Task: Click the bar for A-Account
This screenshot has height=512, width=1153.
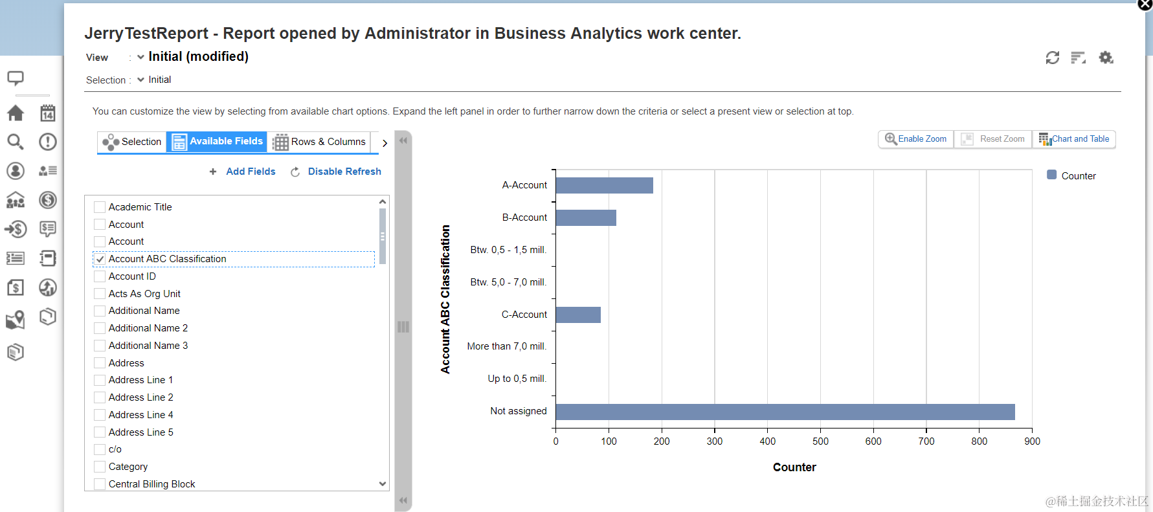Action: tap(604, 185)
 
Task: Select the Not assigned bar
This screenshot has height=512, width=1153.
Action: tap(785, 412)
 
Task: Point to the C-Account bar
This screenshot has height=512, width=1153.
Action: tap(578, 315)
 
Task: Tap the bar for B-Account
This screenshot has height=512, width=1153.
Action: tap(586, 217)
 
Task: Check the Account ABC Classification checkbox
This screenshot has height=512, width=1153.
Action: tap(100, 259)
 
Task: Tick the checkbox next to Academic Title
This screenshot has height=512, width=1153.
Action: tap(100, 207)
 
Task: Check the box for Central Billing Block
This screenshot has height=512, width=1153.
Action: tap(100, 484)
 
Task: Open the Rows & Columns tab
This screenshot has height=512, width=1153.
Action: tap(320, 142)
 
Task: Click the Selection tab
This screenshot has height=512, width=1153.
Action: tap(132, 142)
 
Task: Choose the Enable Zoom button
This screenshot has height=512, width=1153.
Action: tap(915, 139)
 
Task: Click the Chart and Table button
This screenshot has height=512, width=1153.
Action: tap(1074, 139)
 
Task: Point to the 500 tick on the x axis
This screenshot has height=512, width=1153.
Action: tap(820, 441)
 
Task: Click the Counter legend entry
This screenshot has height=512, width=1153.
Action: tap(1071, 175)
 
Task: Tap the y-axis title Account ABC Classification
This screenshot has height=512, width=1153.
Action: tap(445, 299)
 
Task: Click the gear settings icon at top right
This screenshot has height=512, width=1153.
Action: tap(1106, 58)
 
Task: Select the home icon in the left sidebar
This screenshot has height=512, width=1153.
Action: tap(16, 113)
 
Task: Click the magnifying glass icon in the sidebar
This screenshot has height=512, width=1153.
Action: tap(16, 142)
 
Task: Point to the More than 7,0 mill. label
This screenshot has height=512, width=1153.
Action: tap(507, 346)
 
